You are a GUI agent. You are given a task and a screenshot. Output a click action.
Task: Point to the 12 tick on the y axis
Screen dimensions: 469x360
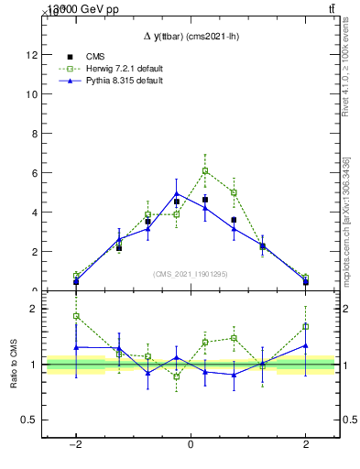pos(31,55)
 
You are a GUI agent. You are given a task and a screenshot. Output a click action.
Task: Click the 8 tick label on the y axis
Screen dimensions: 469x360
pos(34,134)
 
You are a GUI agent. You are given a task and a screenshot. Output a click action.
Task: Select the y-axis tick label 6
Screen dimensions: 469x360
pos(34,173)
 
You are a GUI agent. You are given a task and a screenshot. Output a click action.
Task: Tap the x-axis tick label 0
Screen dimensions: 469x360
pos(191,444)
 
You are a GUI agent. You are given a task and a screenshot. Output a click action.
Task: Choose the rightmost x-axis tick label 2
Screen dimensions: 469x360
pos(306,444)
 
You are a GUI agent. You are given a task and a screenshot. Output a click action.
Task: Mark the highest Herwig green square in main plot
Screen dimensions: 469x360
pos(205,170)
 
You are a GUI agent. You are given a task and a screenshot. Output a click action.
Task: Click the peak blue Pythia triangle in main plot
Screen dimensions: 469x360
pos(176,193)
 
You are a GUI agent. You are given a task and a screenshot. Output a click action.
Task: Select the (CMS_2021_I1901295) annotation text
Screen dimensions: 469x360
pos(190,274)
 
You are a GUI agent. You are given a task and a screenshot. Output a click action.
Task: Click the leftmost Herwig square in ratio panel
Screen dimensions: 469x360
pos(76,316)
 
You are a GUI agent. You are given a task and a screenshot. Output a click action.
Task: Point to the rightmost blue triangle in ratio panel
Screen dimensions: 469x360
pos(305,345)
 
